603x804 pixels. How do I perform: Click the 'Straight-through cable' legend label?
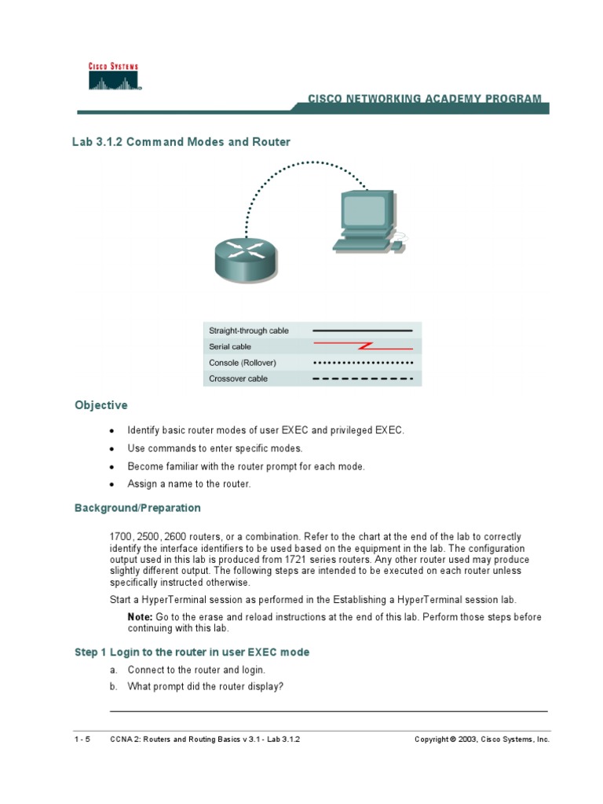coord(249,331)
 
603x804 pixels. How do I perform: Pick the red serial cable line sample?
coord(363,346)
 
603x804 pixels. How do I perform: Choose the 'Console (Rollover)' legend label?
coord(243,363)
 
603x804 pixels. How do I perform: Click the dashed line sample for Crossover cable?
coord(363,378)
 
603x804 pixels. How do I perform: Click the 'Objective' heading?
coord(100,405)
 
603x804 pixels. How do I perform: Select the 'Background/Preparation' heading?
coord(137,508)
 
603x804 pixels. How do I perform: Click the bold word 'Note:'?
coord(140,617)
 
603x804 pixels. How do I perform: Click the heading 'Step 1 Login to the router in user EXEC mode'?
coord(192,652)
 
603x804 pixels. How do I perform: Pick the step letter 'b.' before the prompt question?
coord(114,686)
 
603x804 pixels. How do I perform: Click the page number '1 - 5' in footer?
coord(82,740)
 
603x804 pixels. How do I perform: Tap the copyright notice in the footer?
coord(482,740)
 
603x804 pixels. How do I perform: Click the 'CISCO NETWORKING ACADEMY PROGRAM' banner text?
coord(424,99)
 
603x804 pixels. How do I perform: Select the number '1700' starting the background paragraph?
coord(120,537)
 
